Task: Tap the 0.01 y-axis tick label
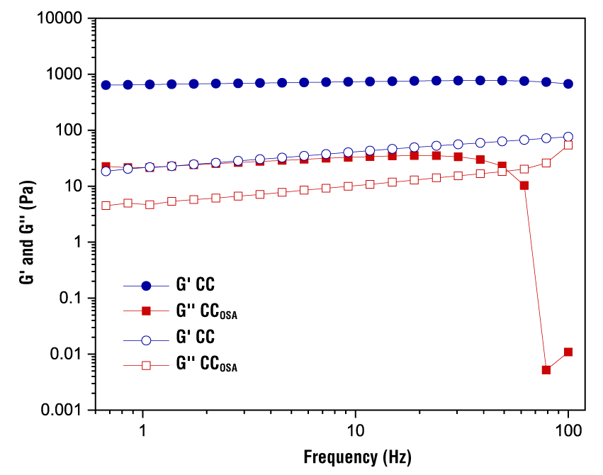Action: click(x=67, y=354)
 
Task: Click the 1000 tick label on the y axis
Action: click(x=63, y=74)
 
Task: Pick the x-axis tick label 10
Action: click(x=354, y=430)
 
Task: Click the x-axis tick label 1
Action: click(x=143, y=430)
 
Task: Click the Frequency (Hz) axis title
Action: click(x=357, y=455)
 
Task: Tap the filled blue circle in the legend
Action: click(x=147, y=286)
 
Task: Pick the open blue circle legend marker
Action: click(x=147, y=340)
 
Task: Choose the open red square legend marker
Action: click(x=147, y=366)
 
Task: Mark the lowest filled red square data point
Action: click(x=546, y=370)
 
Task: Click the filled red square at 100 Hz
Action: click(x=568, y=352)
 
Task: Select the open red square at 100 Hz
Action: click(x=568, y=145)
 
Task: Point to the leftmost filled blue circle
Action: click(x=106, y=85)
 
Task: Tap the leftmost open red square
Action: click(x=106, y=206)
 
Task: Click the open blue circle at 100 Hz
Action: click(x=568, y=137)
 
